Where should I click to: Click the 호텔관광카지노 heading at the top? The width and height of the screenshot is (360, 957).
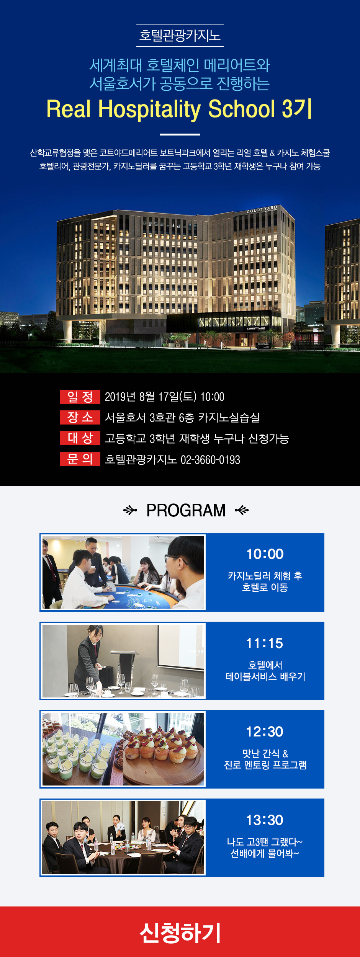pos(180,36)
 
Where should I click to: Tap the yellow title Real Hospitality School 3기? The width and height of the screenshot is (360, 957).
pos(179,109)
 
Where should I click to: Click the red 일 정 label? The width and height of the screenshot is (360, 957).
pos(80,397)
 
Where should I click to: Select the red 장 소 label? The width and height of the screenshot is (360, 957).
pos(80,417)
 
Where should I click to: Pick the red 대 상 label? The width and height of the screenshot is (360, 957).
pos(80,438)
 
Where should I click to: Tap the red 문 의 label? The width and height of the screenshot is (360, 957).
pos(80,459)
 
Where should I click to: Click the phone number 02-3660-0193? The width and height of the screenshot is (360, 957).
pos(210,460)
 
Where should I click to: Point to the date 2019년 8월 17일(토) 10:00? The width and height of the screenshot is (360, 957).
pos(165,397)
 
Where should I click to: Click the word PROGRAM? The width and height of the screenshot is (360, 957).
pos(186,510)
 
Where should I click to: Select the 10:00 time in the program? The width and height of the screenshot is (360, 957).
pos(265,554)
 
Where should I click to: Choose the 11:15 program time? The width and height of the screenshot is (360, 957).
pos(265,643)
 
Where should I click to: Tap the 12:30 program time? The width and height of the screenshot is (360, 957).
pos(265,732)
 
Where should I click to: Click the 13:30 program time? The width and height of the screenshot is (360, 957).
pos(265,820)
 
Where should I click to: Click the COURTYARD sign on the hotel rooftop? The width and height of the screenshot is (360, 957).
pos(262,209)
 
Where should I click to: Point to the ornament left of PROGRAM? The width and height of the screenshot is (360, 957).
pos(130,510)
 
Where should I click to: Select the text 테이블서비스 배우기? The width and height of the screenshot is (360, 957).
pos(265,677)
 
